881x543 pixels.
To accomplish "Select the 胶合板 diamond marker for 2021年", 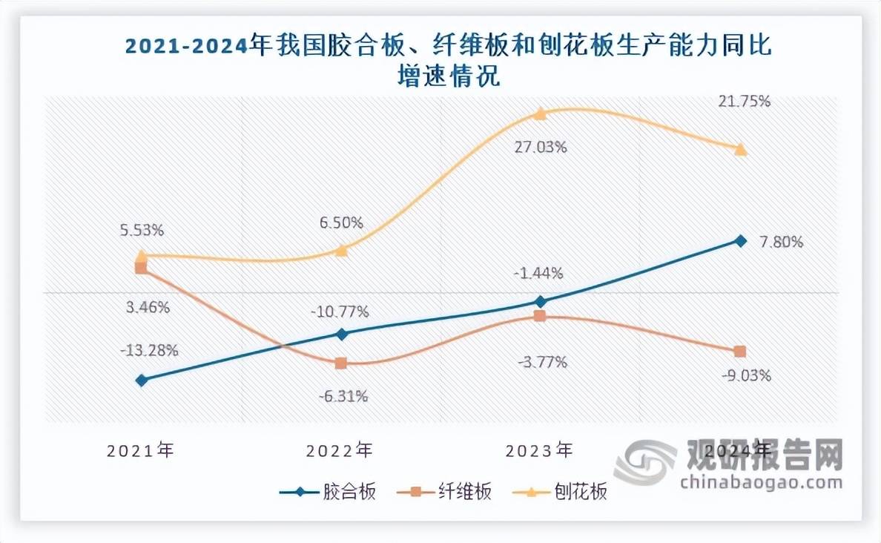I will (x=142, y=381).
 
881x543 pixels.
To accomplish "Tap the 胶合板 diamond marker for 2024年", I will (x=739, y=240).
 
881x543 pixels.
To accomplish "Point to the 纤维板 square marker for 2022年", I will (x=341, y=363).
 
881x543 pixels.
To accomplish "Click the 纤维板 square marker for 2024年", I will (x=739, y=351).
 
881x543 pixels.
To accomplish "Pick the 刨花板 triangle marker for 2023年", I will (x=541, y=113).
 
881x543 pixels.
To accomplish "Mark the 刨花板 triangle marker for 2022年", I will (x=341, y=250).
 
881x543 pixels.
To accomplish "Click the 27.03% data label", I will (x=541, y=147).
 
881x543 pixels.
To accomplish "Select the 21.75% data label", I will (x=745, y=101).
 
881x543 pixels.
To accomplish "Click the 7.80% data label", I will (x=782, y=242).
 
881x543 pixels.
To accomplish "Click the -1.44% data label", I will (x=538, y=273).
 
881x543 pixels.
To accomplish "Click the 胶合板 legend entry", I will (x=329, y=492).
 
